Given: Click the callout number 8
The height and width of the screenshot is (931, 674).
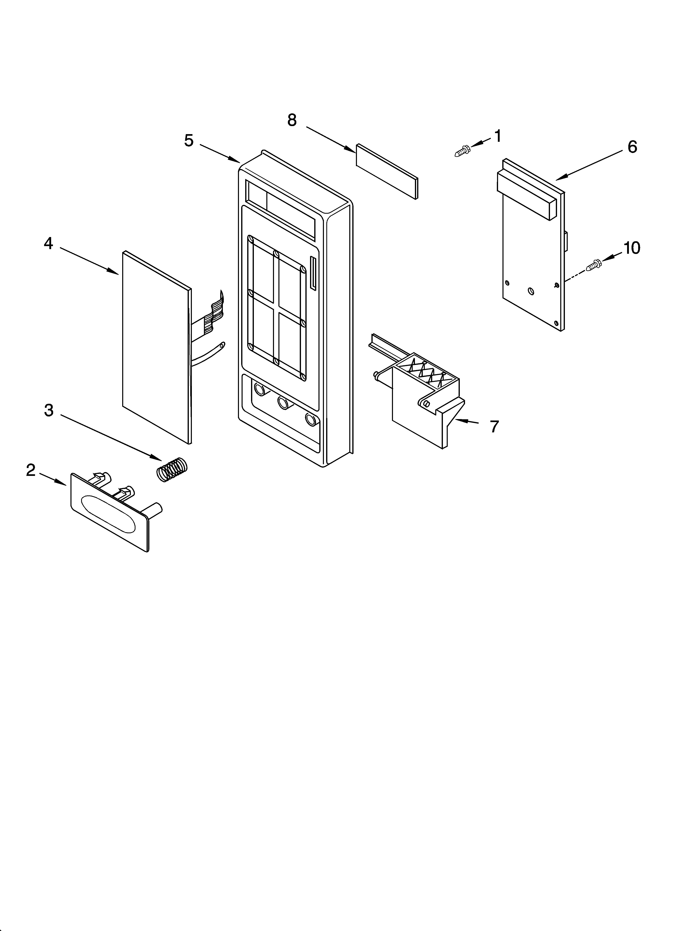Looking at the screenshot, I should point(292,120).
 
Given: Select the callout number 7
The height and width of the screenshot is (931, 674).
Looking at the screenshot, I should point(494,427).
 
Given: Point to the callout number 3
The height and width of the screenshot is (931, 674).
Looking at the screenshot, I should point(49,410).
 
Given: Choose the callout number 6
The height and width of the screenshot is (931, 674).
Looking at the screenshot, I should point(632,147).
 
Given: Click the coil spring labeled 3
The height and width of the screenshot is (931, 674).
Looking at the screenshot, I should point(172,469).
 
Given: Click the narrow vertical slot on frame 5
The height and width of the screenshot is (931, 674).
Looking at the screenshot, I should point(313,274).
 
